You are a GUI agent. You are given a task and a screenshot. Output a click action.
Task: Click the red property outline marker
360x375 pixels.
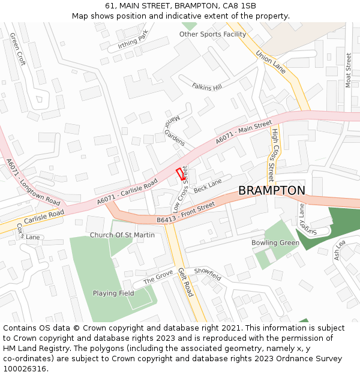pyautogui.click(x=180, y=174)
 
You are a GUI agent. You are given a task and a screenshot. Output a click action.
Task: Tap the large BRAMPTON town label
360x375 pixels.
pyautogui.click(x=271, y=190)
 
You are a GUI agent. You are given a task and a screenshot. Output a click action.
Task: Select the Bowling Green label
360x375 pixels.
pyautogui.click(x=275, y=243)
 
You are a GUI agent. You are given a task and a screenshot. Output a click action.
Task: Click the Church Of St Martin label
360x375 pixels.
pyautogui.click(x=122, y=235)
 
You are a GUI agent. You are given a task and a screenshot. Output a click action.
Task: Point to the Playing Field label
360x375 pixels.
pyautogui.click(x=113, y=293)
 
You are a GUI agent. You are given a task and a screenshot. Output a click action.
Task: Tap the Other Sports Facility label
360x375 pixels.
pyautogui.click(x=212, y=34)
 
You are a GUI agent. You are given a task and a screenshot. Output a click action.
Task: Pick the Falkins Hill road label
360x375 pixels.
pyautogui.click(x=207, y=87)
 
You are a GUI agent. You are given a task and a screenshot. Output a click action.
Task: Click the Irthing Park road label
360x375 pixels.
pyautogui.click(x=133, y=43)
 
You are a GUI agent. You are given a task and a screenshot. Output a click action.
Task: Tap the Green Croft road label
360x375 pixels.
pyautogui.click(x=18, y=49)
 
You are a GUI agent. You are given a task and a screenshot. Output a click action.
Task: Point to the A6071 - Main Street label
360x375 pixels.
pyautogui.click(x=244, y=134)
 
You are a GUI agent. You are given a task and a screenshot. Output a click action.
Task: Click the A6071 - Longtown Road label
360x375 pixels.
pyautogui.click(x=33, y=182)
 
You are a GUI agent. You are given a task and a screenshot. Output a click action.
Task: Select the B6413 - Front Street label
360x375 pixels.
pyautogui.click(x=185, y=214)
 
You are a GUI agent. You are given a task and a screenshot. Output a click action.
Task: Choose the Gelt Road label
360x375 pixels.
pyautogui.click(x=185, y=283)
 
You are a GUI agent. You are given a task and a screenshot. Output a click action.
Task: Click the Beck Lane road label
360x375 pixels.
pyautogui.click(x=208, y=185)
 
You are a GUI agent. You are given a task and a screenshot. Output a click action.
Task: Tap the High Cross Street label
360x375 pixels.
pyautogui.click(x=273, y=155)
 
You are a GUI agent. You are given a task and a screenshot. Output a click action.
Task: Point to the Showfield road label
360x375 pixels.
pyautogui.click(x=208, y=274)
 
